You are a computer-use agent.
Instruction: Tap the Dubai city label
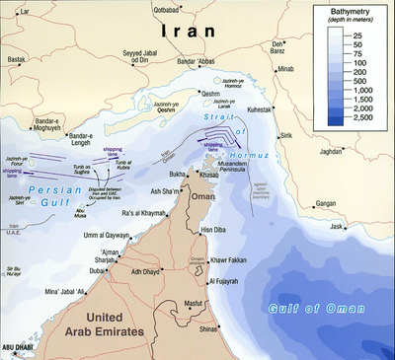tap(99, 269)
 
